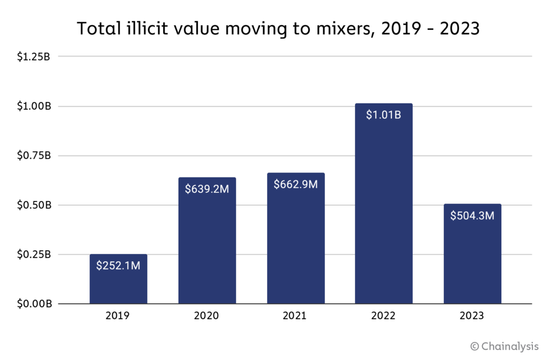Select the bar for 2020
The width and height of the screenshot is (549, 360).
(x=207, y=246)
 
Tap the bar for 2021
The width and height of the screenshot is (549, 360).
(x=295, y=246)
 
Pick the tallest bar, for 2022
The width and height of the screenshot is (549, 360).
(x=384, y=214)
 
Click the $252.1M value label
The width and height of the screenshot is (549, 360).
(x=118, y=265)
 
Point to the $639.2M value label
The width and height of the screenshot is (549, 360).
(x=207, y=189)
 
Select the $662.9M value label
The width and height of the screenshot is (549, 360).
(x=295, y=184)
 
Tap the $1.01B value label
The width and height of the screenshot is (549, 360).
(x=384, y=115)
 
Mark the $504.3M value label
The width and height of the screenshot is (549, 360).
(x=472, y=216)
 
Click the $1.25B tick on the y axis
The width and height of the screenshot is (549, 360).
(x=33, y=57)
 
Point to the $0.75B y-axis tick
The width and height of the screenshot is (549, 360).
(x=33, y=156)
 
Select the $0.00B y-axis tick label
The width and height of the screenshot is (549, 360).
(x=33, y=304)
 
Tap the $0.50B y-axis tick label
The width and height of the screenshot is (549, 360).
(x=33, y=205)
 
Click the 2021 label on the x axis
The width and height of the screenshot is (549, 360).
(x=295, y=316)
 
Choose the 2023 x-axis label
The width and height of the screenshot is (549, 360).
(x=472, y=316)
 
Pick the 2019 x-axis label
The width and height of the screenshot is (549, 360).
(x=118, y=316)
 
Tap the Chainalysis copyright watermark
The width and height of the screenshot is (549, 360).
(x=504, y=347)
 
